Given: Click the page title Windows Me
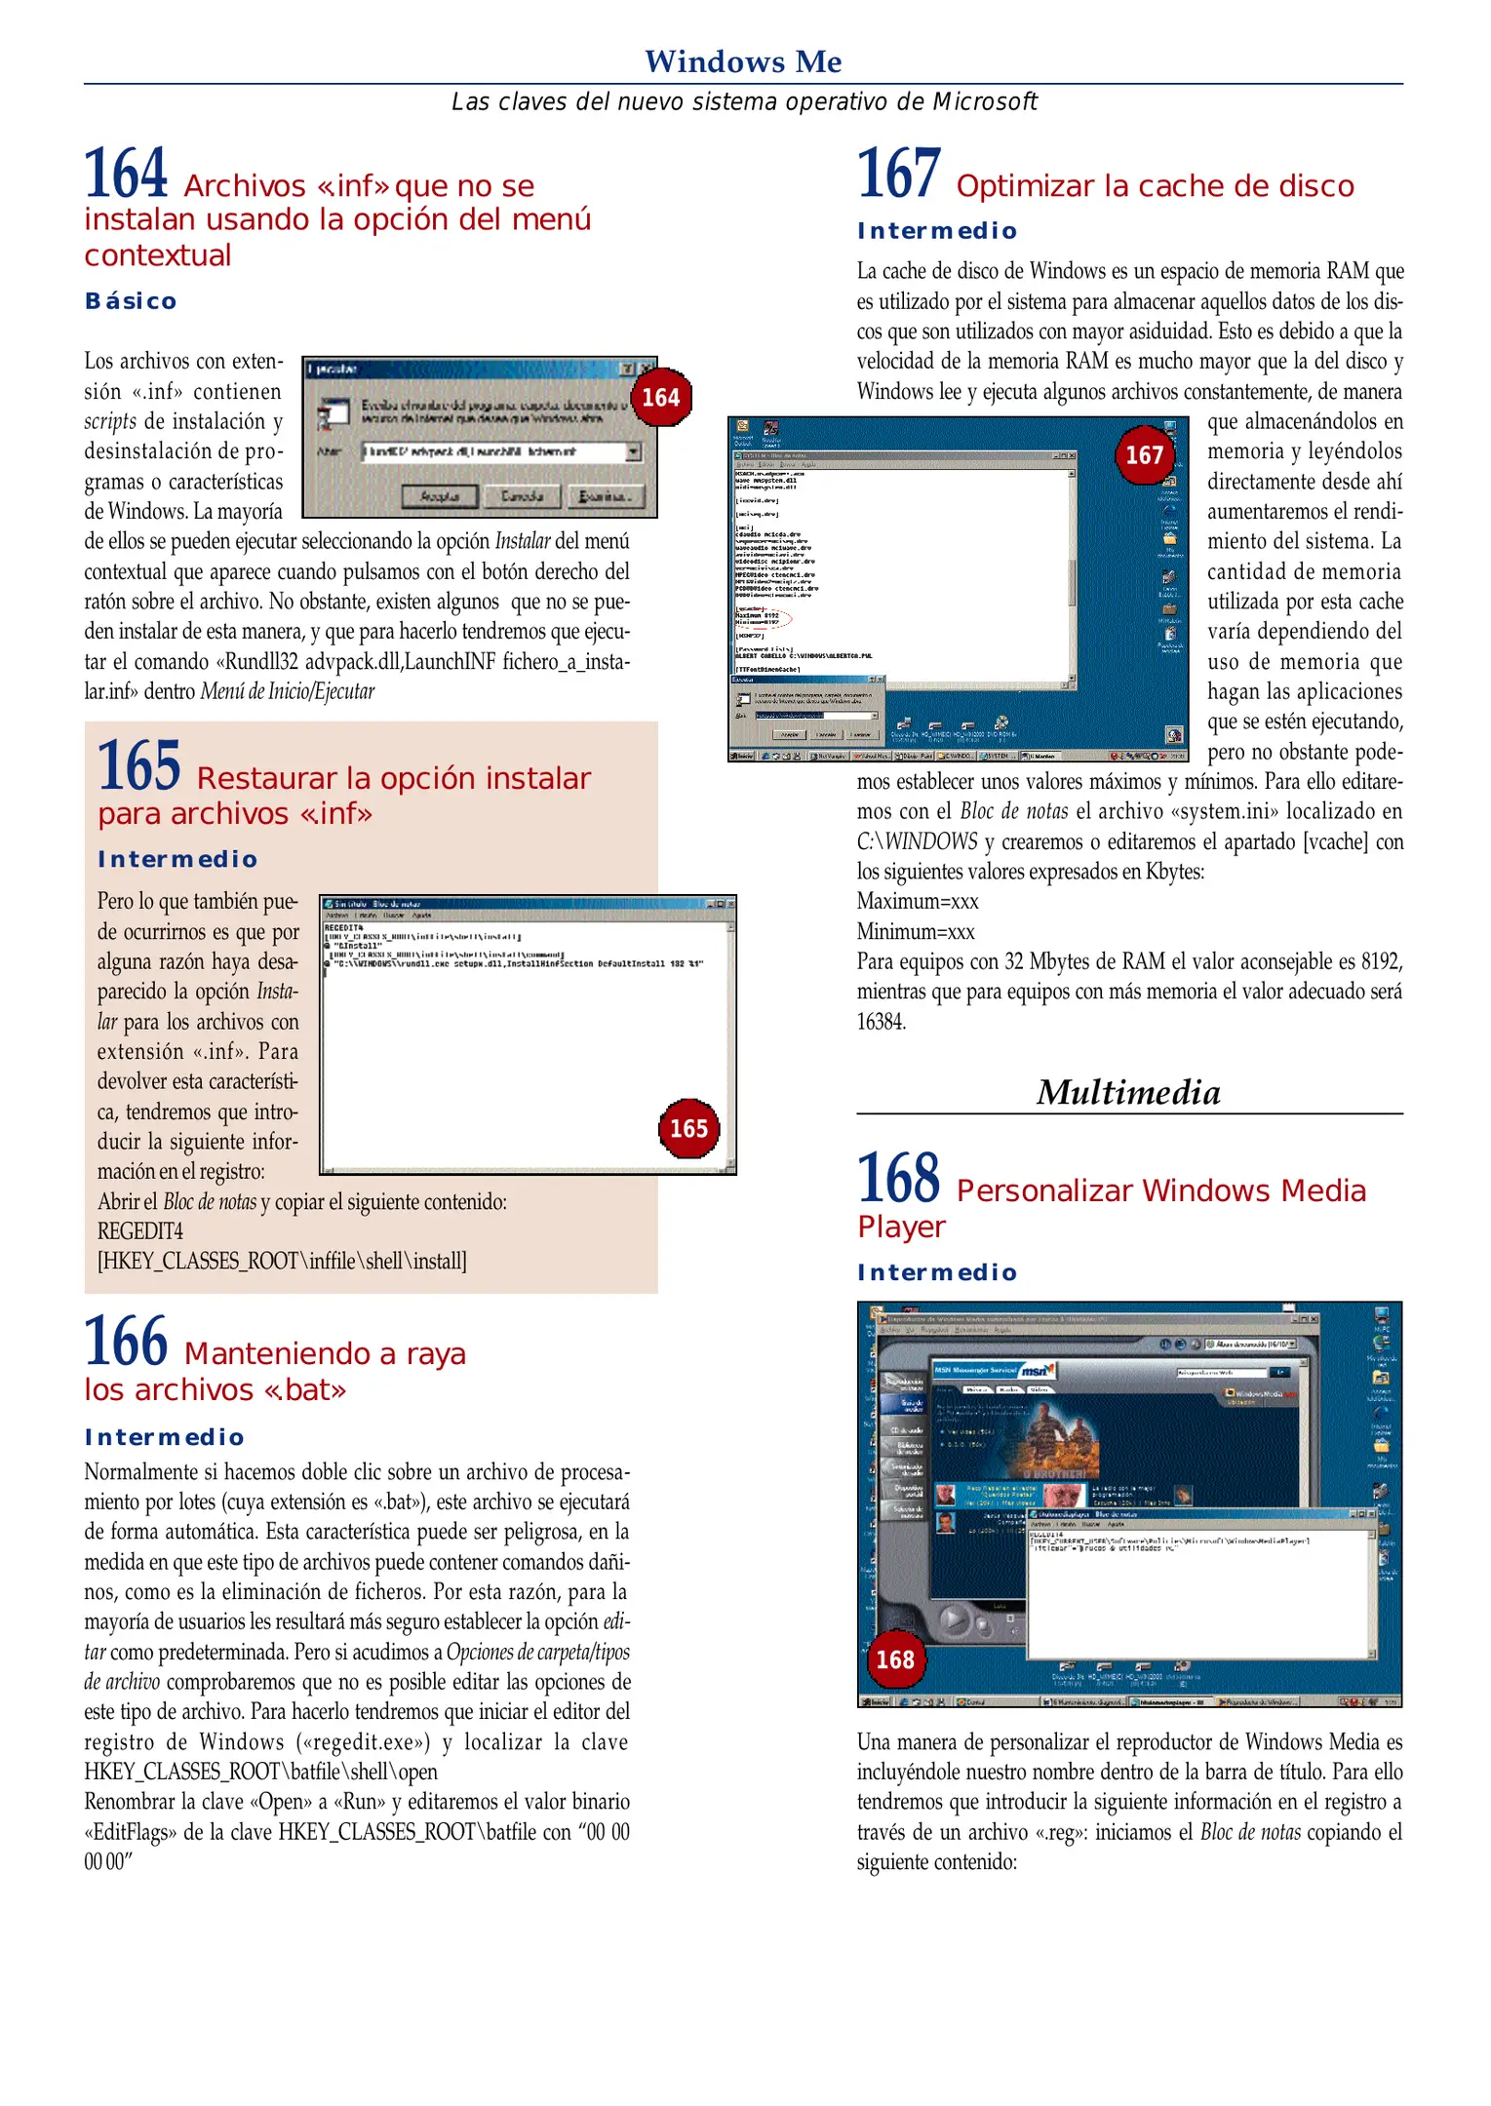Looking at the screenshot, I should click(743, 61).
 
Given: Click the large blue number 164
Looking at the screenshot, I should click(126, 175).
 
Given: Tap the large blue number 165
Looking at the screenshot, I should click(138, 766).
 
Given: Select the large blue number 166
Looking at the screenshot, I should click(126, 1342).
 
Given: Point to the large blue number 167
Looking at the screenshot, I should click(898, 175).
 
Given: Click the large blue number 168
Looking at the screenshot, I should click(898, 1179).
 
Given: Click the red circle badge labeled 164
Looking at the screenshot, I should click(661, 398).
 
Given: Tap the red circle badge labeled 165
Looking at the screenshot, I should click(688, 1129).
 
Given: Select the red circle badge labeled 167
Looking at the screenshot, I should click(1145, 455).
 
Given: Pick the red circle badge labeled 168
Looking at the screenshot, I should click(894, 1659).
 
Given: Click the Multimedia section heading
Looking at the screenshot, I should click(1128, 1092).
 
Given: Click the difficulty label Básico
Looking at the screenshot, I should click(131, 301).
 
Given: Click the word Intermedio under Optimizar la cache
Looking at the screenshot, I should click(937, 231).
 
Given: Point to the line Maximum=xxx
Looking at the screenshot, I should click(917, 901).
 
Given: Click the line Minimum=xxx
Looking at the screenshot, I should click(916, 931).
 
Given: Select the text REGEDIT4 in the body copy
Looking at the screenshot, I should click(139, 1231).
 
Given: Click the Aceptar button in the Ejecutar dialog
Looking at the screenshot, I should click(440, 496).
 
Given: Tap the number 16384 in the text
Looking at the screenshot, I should click(881, 1022).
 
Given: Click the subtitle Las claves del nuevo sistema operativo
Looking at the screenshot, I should click(743, 101).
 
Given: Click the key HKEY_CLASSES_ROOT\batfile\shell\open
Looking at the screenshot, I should click(260, 1772).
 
